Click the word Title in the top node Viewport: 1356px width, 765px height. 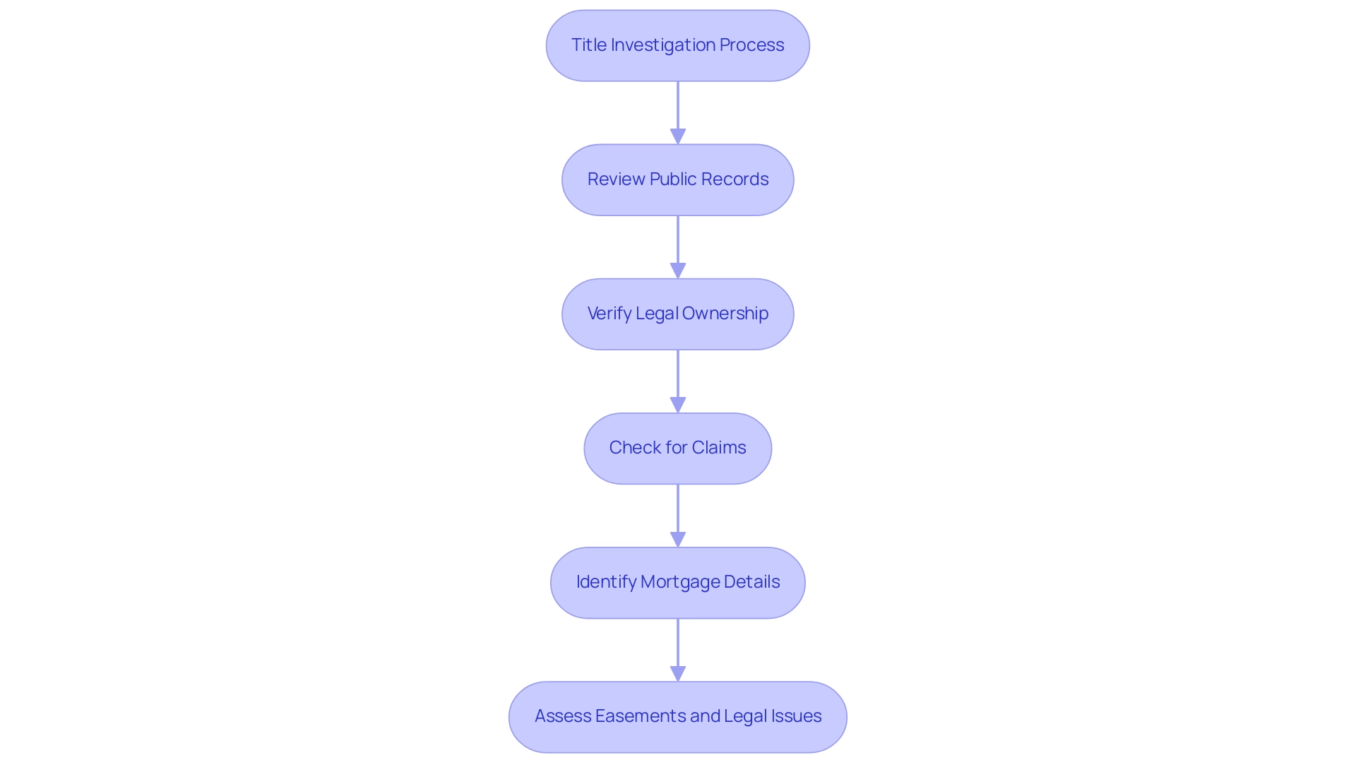(588, 45)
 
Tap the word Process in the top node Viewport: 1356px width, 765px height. (751, 45)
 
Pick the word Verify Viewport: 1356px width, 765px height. (609, 314)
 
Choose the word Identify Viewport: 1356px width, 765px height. (606, 582)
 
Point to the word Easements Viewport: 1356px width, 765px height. (640, 716)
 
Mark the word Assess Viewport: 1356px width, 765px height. (562, 716)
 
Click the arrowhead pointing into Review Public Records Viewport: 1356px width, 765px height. (678, 136)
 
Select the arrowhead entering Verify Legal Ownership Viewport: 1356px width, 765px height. (678, 271)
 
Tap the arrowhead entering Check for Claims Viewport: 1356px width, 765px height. (678, 405)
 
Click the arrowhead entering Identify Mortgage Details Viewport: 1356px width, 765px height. (678, 539)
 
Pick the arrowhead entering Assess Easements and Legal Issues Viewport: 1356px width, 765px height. (678, 673)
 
